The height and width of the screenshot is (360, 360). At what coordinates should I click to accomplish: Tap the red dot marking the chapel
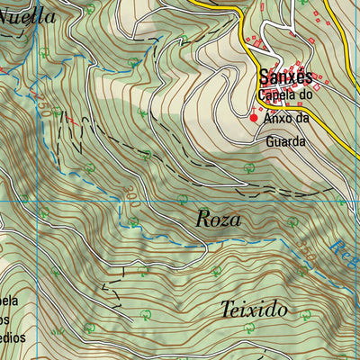[x=254, y=117]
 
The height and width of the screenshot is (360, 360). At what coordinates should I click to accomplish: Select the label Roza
[x=218, y=219]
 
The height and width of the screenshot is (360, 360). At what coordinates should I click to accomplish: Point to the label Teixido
[x=254, y=310]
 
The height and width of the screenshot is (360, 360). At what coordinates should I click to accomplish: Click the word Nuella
[x=27, y=16]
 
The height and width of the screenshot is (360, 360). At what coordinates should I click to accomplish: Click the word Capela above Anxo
[x=275, y=95]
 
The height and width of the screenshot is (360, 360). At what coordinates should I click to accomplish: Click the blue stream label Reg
[x=342, y=245]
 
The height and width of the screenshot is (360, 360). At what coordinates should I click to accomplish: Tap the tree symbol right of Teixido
[x=305, y=314]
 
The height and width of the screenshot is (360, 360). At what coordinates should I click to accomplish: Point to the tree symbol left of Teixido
[x=144, y=314]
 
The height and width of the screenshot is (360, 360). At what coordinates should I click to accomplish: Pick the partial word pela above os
[x=9, y=300]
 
